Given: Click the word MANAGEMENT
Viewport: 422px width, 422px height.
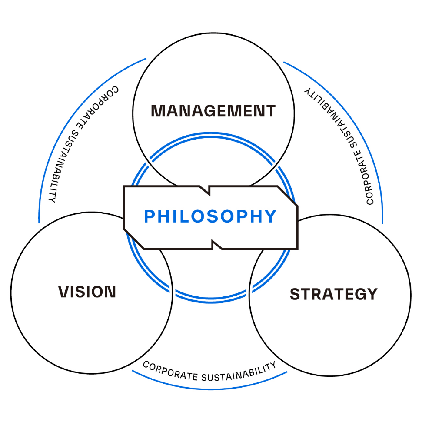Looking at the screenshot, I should [x=213, y=111].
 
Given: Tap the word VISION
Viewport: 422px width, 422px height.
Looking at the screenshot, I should [x=87, y=292].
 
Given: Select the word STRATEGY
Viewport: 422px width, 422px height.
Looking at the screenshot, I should [x=333, y=294].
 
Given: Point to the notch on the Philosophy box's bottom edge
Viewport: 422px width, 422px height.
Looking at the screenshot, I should [x=217, y=245].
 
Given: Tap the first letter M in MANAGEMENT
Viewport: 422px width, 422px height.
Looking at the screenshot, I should [x=157, y=111].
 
